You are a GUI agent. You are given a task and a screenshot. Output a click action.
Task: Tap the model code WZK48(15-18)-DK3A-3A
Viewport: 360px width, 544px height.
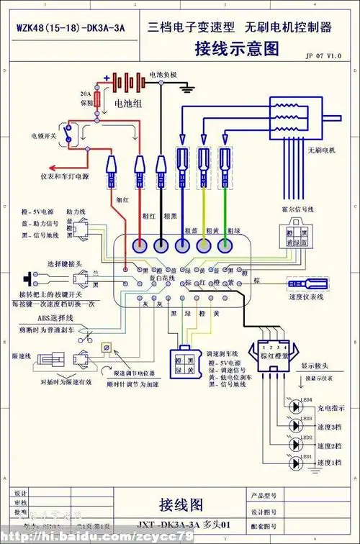coord(71,28)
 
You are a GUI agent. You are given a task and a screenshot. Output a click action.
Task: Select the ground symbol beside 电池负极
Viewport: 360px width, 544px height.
coord(189,88)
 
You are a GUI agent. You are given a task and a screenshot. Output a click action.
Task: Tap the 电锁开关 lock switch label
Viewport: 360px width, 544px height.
coord(42,135)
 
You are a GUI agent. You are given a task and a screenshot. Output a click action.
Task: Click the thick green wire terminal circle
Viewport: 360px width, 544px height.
coord(228,245)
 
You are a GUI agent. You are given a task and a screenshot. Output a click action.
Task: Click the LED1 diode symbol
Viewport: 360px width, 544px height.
coord(296,463)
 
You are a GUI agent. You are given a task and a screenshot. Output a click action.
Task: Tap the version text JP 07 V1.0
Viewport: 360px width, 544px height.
coord(323,55)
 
